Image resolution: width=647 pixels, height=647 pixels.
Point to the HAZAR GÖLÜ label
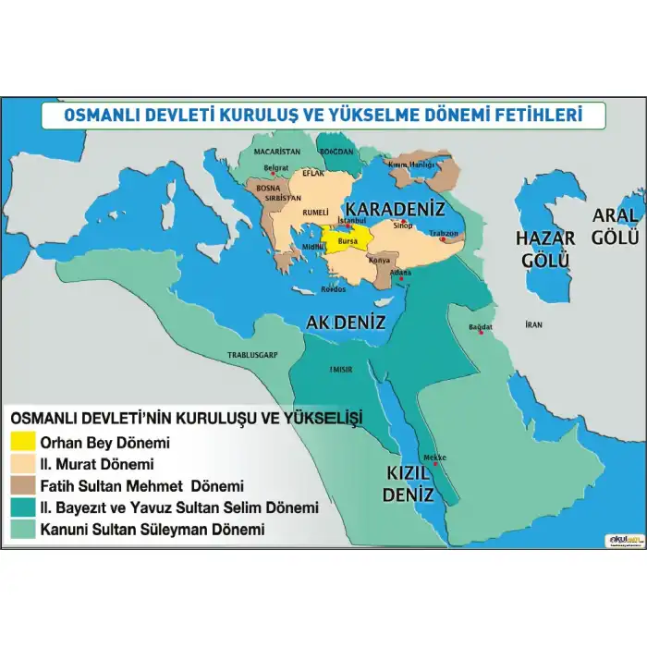click(545, 249)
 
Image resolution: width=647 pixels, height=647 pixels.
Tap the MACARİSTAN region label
click(278, 151)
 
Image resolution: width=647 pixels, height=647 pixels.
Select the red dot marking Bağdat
click(481, 333)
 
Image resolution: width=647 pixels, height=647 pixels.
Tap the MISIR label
click(341, 370)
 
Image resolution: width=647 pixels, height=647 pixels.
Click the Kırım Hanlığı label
click(410, 165)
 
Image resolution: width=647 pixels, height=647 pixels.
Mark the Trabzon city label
click(443, 233)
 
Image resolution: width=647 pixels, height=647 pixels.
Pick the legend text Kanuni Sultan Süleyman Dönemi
click(152, 530)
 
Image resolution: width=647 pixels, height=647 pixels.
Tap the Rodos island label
click(333, 288)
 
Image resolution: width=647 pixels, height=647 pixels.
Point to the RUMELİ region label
click(316, 211)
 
